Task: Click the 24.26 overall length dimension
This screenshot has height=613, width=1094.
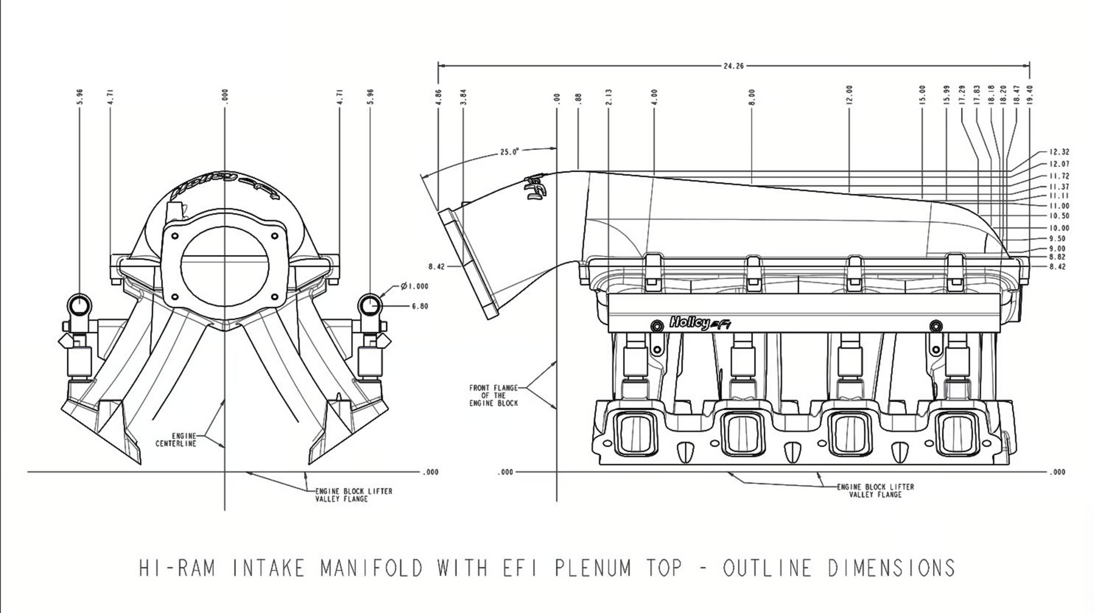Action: [x=734, y=66]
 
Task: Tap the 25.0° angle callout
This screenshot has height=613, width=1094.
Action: [x=509, y=152]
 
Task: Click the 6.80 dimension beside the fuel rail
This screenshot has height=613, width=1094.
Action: [x=420, y=306]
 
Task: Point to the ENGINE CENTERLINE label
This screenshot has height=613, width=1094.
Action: [x=176, y=440]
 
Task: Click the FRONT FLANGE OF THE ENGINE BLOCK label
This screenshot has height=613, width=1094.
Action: [x=494, y=395]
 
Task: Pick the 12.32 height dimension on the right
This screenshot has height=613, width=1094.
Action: [x=1059, y=152]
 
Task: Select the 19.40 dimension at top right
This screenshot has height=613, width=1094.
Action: [x=1030, y=95]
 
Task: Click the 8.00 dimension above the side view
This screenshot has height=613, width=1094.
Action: [x=752, y=97]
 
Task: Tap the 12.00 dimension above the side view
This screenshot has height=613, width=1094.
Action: [x=849, y=95]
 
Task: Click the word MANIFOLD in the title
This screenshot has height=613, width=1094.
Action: [x=371, y=568]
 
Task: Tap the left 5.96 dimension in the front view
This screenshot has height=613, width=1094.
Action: [x=80, y=97]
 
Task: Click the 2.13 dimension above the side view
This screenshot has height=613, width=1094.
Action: [x=608, y=97]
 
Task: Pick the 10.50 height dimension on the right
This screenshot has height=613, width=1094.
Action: [x=1059, y=216]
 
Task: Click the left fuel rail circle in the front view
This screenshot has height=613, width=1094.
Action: [x=80, y=304]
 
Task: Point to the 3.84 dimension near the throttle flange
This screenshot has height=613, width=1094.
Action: [x=463, y=97]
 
